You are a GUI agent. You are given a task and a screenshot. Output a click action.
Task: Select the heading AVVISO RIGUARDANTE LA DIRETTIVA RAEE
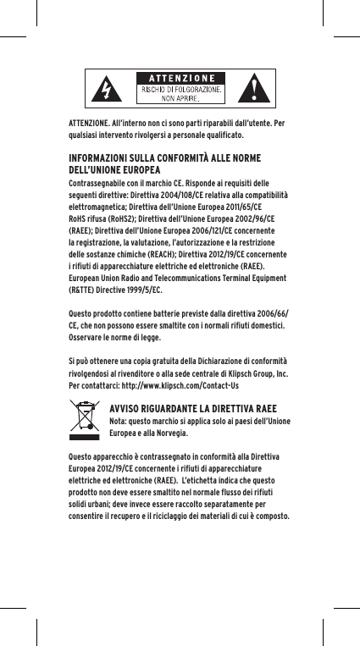click(x=192, y=406)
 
